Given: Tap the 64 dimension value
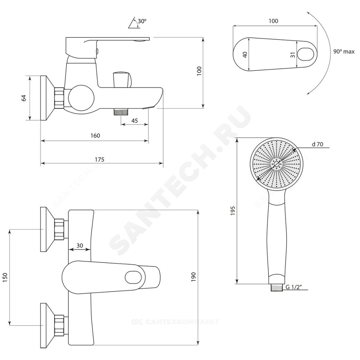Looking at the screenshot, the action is click(24, 98).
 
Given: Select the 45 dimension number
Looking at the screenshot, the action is click(135, 120).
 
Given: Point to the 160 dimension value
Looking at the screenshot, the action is click(95, 136).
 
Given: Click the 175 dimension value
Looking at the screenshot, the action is click(99, 159).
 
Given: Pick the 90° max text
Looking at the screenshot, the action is click(344, 51).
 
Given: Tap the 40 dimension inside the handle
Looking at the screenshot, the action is click(245, 55).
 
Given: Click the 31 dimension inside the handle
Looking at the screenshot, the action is click(292, 55).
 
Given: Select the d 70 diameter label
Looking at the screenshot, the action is click(317, 144).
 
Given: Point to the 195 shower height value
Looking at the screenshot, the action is click(233, 211).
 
